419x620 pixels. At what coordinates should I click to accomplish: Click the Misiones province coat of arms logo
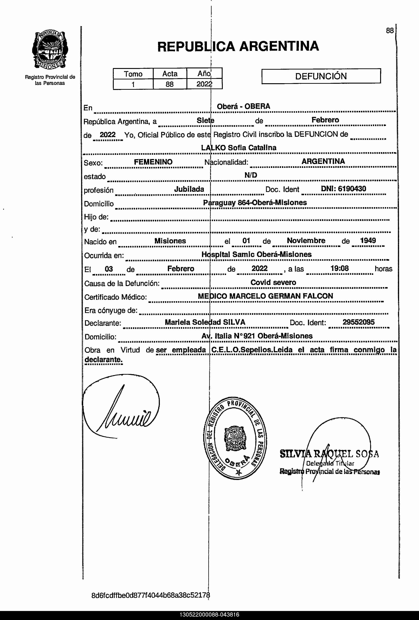coord(50,50)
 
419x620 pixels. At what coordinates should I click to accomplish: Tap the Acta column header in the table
coord(170,74)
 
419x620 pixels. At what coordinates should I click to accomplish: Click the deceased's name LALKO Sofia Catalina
coord(239,147)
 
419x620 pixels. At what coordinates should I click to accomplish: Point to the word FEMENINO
coord(153,162)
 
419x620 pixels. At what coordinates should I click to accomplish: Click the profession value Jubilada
coord(189,189)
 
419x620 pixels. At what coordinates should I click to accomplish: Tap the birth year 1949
coord(368,240)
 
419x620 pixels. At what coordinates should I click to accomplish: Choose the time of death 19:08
coord(339,268)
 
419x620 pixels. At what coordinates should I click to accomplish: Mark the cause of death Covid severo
coord(273,282)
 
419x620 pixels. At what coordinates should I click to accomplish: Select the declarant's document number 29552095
coord(358,322)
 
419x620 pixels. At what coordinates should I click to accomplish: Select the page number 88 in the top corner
coord(390,31)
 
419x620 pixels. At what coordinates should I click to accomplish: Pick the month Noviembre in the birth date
coord(306,241)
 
